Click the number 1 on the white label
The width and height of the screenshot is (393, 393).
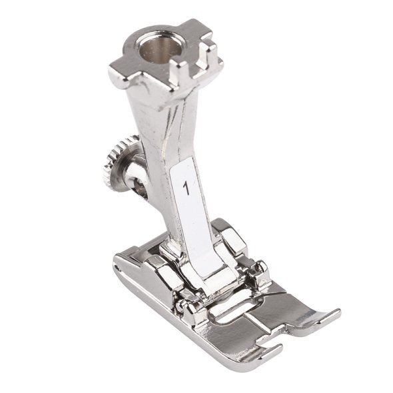(187, 189)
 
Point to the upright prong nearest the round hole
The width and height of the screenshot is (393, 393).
(177, 73)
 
